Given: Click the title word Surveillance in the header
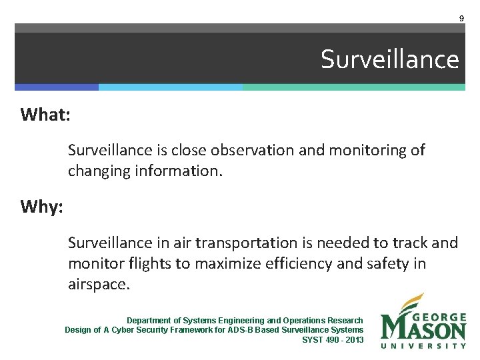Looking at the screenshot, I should [390, 59].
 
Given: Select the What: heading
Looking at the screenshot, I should [45, 115].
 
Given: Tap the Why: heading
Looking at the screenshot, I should [42, 207].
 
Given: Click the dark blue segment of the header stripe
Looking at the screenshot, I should [57, 87].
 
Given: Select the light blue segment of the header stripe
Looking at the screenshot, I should [170, 87].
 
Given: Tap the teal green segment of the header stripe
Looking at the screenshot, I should [353, 87].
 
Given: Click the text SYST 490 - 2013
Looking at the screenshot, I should [333, 339].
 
